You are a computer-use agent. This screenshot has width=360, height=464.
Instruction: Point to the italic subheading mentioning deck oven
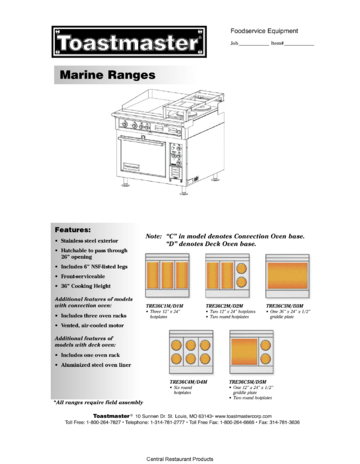click(86, 342)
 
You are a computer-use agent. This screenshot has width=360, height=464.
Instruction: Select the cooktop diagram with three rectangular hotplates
click(170, 274)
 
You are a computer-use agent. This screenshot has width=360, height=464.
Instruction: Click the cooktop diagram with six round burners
click(190, 352)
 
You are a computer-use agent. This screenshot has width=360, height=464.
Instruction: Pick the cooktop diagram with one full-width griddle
click(287, 274)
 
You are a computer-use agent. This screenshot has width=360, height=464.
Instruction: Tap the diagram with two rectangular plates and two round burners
click(228, 274)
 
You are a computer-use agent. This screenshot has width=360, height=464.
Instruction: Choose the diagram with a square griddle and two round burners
click(251, 352)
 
